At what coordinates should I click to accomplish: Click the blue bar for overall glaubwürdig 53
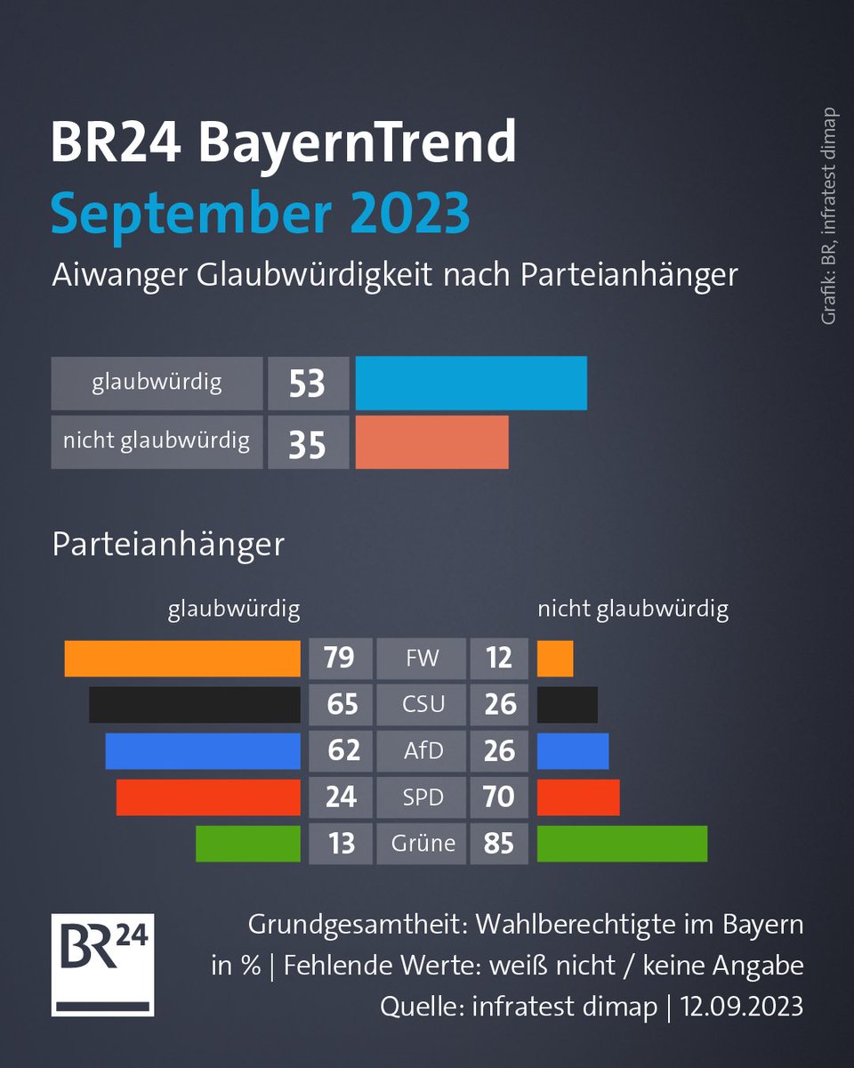[471, 384]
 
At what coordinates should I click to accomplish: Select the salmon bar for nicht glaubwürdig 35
[431, 441]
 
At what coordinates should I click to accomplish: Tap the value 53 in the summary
[307, 384]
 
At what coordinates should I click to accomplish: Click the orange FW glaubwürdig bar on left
[182, 659]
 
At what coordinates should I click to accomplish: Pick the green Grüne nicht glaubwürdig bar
[622, 843]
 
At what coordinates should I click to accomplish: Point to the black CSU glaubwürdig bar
[194, 705]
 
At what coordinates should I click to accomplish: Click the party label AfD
[423, 750]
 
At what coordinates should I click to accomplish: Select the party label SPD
[423, 797]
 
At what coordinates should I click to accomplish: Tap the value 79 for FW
[341, 659]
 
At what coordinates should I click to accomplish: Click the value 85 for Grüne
[499, 843]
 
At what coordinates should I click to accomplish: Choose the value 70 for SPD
[499, 797]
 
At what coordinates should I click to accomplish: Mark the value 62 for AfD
[341, 750]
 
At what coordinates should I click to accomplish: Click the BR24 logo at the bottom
[103, 964]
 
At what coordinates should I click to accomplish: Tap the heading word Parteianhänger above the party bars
[168, 544]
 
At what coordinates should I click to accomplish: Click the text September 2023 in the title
[260, 212]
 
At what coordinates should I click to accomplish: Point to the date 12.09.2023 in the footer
[743, 1007]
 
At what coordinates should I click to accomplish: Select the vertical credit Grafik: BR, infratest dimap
[829, 215]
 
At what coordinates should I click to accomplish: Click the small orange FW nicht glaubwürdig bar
[555, 659]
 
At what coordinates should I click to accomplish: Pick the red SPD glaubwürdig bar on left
[208, 797]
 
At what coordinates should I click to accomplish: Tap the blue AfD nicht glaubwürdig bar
[573, 750]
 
